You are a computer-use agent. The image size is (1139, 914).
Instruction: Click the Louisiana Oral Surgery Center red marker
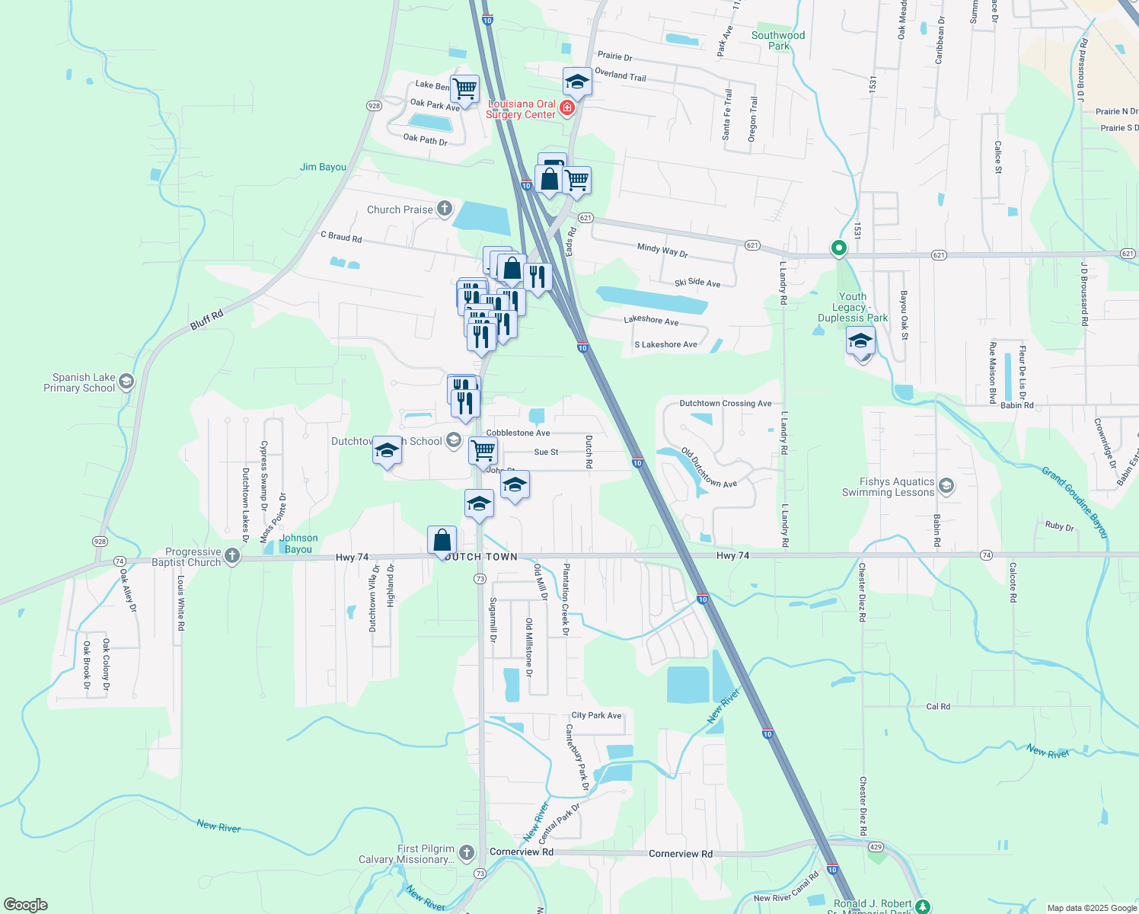point(566,109)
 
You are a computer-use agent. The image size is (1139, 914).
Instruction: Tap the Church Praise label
point(400,209)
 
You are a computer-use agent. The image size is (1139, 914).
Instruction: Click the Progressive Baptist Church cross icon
point(233,557)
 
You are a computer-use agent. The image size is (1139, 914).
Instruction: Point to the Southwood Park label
point(778,40)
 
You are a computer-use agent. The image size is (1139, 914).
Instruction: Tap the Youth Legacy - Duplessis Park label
point(853,307)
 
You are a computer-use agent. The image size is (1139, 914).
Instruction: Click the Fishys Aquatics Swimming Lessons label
point(888,487)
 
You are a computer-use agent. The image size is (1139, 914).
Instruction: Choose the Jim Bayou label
point(323,167)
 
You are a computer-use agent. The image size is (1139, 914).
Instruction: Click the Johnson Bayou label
point(298,543)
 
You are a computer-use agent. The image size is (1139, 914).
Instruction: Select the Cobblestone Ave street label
point(518,433)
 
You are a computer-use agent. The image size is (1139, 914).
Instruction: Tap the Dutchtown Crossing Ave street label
point(726,404)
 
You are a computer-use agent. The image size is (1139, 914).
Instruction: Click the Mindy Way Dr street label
point(662,250)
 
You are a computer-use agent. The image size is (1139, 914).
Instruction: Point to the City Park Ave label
point(596,715)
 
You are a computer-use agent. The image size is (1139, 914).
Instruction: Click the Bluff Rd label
point(207,319)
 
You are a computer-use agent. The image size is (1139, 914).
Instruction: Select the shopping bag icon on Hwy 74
point(442,541)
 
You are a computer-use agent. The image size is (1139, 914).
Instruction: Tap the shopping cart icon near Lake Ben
point(464,88)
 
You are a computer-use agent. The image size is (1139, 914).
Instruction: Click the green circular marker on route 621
point(838,248)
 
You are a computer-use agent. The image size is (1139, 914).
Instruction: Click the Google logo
point(26,905)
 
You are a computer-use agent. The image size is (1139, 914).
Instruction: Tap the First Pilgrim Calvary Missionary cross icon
point(467,853)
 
